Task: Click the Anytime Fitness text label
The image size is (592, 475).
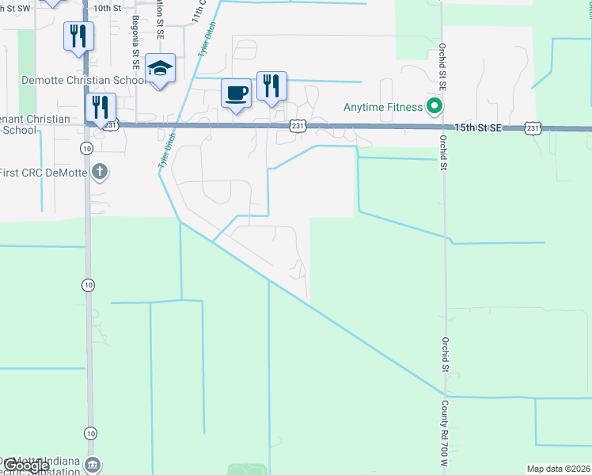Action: (382, 107)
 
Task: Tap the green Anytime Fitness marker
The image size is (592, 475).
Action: (433, 105)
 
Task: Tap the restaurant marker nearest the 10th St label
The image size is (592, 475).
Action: (78, 36)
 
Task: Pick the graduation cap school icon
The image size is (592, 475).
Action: (160, 68)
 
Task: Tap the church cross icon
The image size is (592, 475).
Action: (99, 170)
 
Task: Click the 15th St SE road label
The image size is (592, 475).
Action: (478, 127)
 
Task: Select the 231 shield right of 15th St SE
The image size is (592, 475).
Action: (533, 127)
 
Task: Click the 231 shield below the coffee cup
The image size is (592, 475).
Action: (297, 126)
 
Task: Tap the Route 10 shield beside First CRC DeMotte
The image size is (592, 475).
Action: (85, 148)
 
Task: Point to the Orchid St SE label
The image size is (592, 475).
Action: (444, 66)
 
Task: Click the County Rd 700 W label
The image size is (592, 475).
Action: (444, 428)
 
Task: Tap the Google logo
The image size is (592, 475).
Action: (25, 465)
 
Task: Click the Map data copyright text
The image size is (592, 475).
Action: (559, 469)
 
